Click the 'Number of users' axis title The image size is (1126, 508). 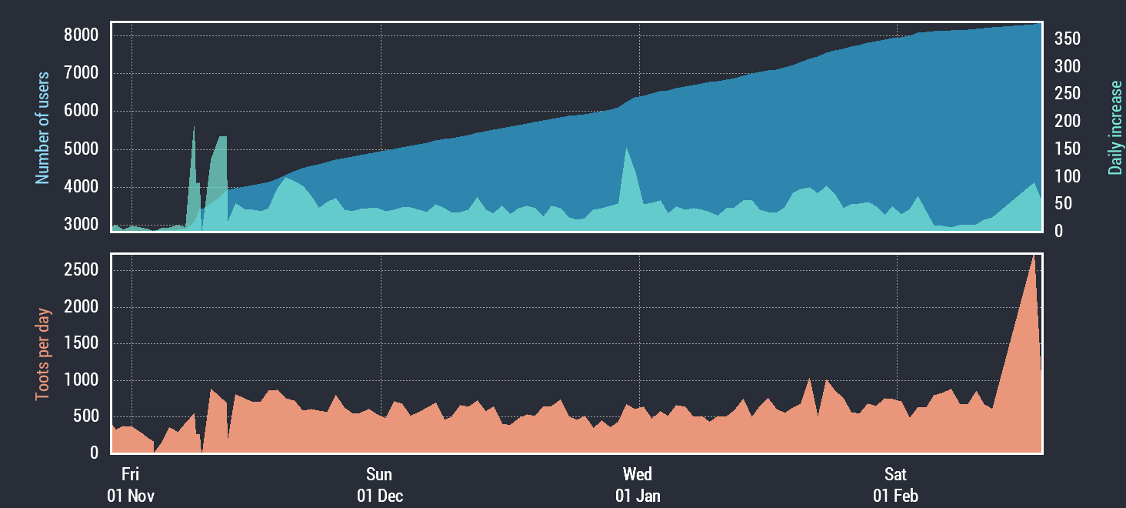[x=42, y=128]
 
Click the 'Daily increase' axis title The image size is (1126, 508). [x=1114, y=128]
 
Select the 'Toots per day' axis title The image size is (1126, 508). [x=42, y=354]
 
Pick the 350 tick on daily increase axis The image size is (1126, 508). [x=1067, y=38]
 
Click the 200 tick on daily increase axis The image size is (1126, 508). [x=1067, y=122]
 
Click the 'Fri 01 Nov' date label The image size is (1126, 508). [x=131, y=485]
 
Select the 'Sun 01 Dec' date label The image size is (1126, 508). [x=380, y=485]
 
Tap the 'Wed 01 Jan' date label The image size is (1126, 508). [x=638, y=485]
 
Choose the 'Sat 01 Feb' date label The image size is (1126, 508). [x=895, y=485]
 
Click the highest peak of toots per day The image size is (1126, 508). [x=1033, y=256]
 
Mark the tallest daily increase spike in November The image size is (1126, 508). [x=194, y=127]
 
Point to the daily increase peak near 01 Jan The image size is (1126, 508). [x=627, y=149]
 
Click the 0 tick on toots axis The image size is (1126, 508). [x=95, y=453]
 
